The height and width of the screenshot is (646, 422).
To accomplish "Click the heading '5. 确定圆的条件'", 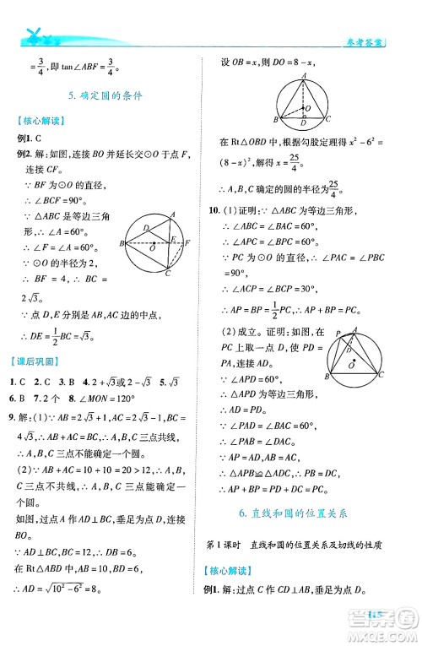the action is tap(105, 96).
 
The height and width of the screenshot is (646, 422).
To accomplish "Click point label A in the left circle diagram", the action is tap(172, 214).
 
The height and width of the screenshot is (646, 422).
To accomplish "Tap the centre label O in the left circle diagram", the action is tap(152, 251).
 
